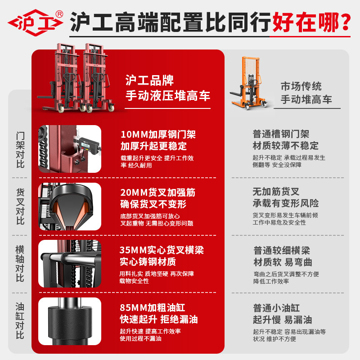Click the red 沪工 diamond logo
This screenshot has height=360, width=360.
point(36,23)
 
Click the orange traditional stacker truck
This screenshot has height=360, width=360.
point(249,83)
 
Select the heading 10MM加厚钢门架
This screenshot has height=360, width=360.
point(158,134)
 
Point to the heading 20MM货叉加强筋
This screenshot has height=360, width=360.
point(158,193)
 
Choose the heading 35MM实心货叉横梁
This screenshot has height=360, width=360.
point(162,250)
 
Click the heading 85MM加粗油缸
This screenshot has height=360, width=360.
point(153,308)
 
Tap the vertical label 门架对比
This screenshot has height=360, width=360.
point(20,150)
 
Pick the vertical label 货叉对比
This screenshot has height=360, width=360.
point(20,207)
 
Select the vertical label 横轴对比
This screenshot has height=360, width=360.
point(20,264)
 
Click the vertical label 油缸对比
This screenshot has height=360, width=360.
point(20,321)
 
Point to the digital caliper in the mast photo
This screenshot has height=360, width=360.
point(87,144)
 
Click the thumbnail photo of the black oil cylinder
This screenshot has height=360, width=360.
point(70,321)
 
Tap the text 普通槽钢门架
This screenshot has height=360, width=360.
point(281,134)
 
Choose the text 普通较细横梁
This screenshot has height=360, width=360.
point(282,250)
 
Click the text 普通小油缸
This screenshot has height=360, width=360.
point(276,308)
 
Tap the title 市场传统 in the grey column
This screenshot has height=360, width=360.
point(301,86)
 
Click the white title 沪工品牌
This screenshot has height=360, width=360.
point(149,80)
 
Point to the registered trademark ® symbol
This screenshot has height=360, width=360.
point(59,14)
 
